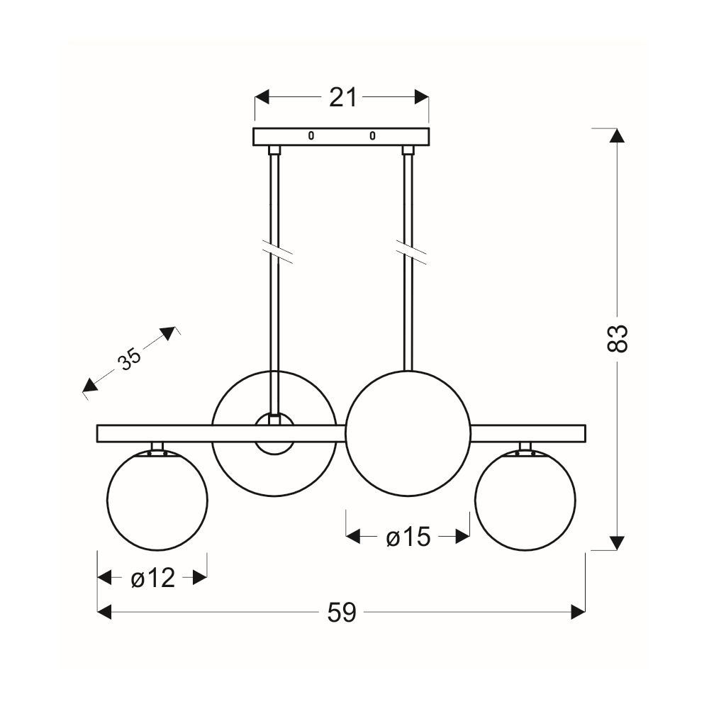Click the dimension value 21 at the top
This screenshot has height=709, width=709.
point(342,97)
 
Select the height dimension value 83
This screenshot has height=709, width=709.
point(617,338)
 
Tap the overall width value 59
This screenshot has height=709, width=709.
point(342,613)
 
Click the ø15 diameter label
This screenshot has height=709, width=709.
point(408,537)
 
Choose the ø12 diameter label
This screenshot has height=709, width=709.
point(153,578)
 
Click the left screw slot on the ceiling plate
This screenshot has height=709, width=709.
point(311,135)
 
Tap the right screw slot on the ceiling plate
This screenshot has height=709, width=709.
point(372,135)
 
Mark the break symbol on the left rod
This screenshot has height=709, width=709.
point(277,253)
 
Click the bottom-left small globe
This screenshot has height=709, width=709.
point(157,500)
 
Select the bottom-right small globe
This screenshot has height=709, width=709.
point(525,500)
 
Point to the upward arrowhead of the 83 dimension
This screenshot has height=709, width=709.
point(618,135)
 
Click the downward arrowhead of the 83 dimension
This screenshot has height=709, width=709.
point(618,543)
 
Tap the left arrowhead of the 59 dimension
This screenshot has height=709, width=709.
point(104,613)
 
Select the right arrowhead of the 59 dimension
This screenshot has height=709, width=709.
point(579,613)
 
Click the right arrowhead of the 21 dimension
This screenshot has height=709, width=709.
point(422,96)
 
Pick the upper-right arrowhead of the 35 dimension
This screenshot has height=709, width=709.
point(168,333)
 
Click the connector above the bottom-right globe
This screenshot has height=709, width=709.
point(525,447)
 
